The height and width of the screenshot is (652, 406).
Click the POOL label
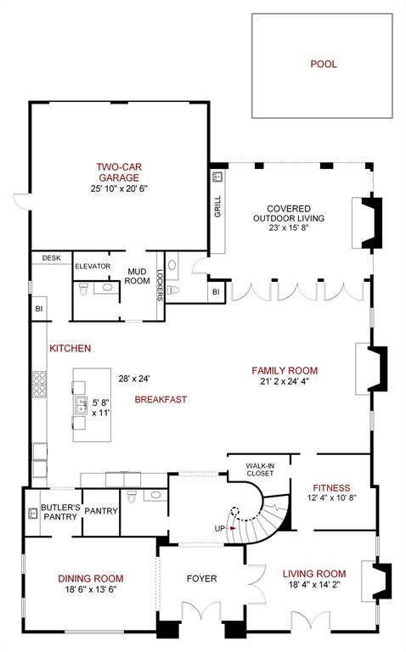click(323, 64)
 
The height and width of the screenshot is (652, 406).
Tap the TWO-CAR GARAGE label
click(118, 172)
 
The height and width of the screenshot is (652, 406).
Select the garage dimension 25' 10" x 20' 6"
click(118, 189)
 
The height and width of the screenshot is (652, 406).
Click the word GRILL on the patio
click(217, 206)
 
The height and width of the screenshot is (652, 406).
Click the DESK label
click(51, 258)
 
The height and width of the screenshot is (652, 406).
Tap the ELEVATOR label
click(93, 267)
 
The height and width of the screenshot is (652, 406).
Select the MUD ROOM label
click(138, 277)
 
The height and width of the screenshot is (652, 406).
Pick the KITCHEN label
click(70, 349)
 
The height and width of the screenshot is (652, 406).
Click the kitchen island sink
click(80, 405)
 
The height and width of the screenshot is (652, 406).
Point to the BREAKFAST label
click(161, 399)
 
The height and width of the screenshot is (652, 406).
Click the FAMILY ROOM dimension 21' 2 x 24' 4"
click(285, 382)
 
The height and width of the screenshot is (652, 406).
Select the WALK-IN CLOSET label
click(259, 469)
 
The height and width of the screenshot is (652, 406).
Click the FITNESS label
click(331, 488)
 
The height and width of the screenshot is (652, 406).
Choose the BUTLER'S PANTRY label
click(60, 512)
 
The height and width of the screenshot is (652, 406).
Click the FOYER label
click(201, 579)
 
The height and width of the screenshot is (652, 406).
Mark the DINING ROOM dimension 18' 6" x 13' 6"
click(87, 589)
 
